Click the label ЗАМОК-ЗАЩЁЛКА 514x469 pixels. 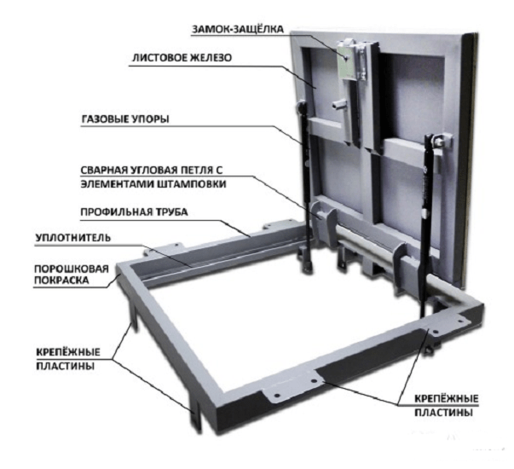click(x=237, y=29)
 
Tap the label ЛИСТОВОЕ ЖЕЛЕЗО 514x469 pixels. click(x=182, y=58)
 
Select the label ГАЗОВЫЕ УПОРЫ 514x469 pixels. click(x=125, y=119)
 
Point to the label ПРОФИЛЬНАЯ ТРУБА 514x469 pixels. click(x=134, y=211)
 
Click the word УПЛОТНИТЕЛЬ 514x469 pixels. click(x=73, y=238)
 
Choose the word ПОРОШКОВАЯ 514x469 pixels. click(x=72, y=269)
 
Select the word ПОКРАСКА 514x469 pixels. click(x=61, y=281)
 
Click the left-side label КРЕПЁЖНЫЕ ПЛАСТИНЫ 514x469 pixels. click(x=68, y=359)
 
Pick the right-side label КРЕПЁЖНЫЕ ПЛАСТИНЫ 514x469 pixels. click(x=446, y=405)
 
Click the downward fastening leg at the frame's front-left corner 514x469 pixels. click(x=196, y=415)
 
